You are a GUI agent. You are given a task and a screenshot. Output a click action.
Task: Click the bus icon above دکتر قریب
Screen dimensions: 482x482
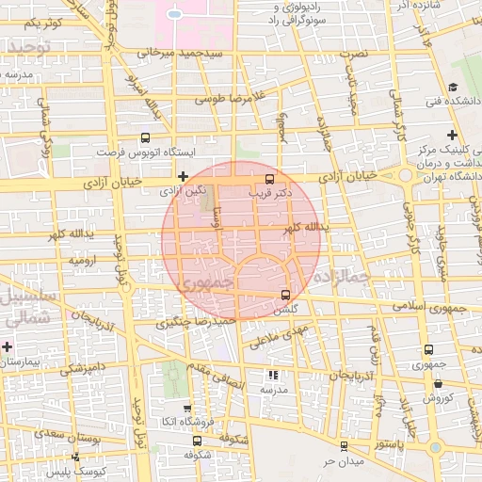coord(270,178)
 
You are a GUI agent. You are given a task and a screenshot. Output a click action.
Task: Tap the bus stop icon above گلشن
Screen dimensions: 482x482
coord(285,295)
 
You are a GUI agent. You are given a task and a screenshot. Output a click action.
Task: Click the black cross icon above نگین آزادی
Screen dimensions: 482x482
coord(182,176)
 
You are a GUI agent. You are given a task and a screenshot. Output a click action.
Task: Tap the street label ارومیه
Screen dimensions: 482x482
coord(83,259)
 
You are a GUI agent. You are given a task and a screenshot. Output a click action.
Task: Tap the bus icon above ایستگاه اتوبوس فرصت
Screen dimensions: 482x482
coord(144,137)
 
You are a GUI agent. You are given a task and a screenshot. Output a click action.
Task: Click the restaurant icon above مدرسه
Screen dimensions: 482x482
coord(273,375)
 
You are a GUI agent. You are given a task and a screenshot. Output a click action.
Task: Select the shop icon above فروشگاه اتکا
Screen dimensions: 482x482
coord(186,408)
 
